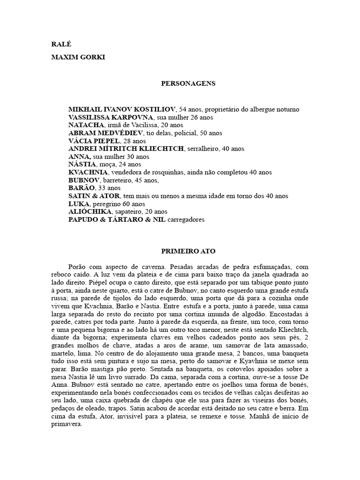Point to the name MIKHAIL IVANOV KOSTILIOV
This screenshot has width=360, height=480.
(122, 109)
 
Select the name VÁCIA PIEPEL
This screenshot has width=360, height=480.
(93, 141)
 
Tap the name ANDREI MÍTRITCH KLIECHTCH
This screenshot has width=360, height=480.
(127, 149)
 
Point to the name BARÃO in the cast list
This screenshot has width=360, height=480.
(82, 188)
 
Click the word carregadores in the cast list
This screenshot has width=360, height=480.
(186, 220)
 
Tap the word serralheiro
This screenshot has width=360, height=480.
(204, 149)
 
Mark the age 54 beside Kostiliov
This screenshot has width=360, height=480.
(183, 109)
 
